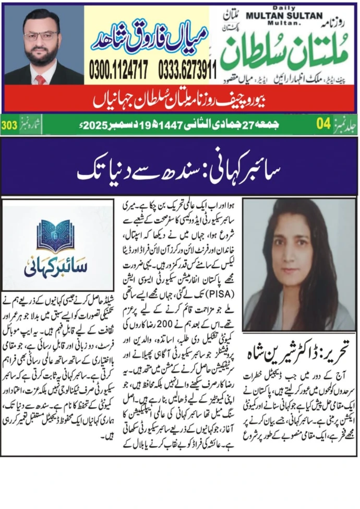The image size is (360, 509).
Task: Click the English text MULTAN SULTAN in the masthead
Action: [292, 16]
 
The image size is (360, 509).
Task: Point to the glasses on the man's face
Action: [41, 36]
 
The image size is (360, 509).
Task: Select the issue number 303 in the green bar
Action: [9, 125]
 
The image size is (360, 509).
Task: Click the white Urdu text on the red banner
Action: [180, 99]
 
